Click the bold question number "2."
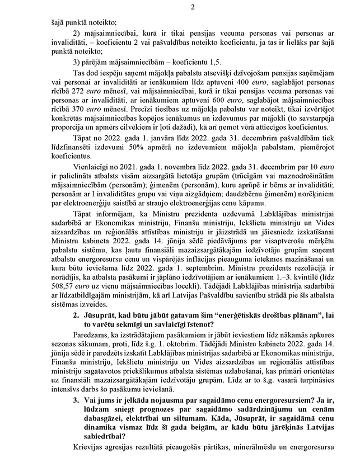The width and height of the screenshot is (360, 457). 76,332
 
